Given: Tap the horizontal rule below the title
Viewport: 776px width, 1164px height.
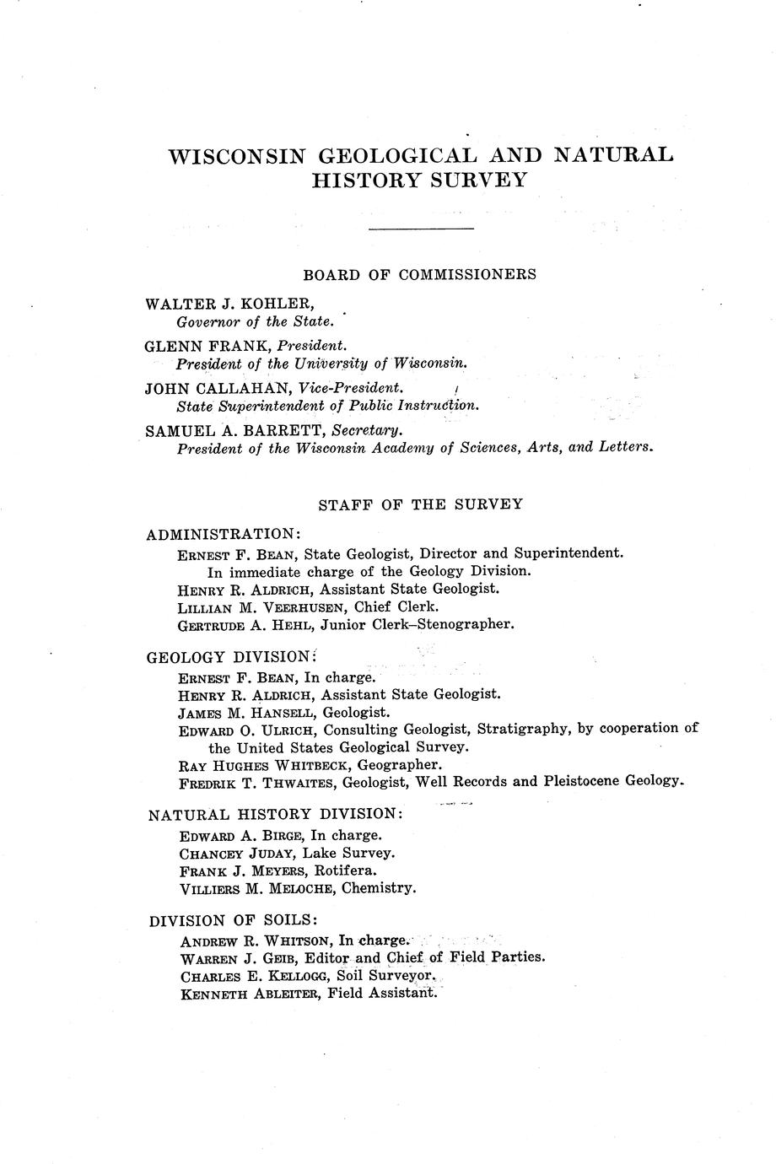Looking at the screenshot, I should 422,229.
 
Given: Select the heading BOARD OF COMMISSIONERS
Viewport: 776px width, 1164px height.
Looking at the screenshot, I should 419,275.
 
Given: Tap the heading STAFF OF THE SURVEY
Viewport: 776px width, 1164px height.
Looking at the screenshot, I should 420,504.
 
